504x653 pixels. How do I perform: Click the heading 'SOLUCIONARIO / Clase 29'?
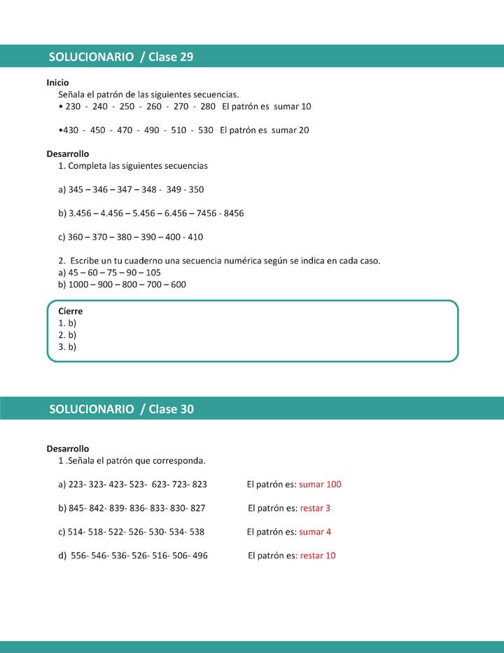tap(121, 57)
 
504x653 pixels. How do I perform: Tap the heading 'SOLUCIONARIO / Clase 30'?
tap(121, 409)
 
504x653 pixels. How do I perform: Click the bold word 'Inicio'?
tap(57, 82)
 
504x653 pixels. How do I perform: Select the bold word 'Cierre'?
tap(70, 311)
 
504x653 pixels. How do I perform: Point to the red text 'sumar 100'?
tap(320, 484)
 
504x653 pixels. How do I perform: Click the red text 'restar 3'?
tap(315, 508)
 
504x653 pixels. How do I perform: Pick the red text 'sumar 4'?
tap(315, 532)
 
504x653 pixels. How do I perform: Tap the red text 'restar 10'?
tap(318, 556)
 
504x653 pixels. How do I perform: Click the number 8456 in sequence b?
tap(234, 213)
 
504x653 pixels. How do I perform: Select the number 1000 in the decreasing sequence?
tap(79, 284)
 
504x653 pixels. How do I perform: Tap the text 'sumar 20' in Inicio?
tap(290, 130)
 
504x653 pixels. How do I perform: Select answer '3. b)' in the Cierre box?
tap(67, 347)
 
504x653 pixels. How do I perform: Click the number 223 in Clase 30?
tap(76, 484)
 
